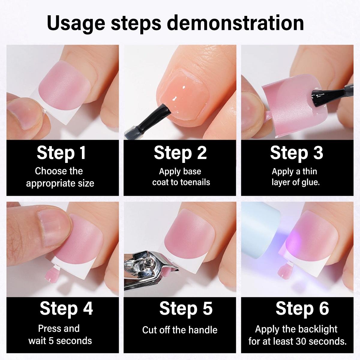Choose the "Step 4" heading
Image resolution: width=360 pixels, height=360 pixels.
66,308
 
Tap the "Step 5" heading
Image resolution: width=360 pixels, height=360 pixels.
186,308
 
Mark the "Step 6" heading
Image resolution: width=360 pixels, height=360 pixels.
302,308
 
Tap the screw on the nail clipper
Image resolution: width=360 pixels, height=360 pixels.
149,264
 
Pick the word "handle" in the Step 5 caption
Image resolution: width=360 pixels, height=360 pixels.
202,330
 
